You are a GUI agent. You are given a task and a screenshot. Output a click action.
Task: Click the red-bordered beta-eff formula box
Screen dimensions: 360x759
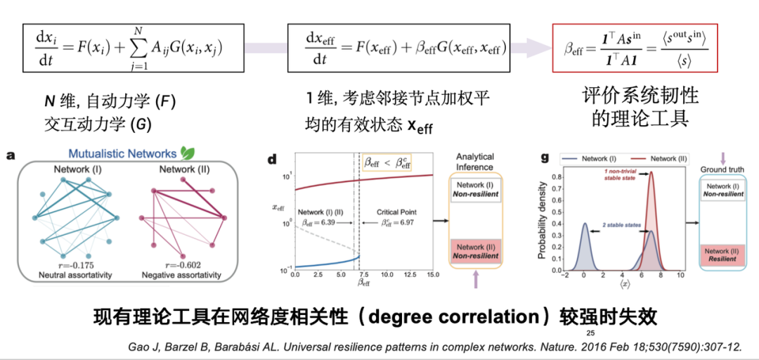[x=635, y=48]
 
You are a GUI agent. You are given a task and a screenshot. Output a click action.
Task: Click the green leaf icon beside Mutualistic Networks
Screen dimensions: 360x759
[x=188, y=153]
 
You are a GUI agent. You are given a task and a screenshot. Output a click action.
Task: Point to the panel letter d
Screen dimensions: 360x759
[x=273, y=160]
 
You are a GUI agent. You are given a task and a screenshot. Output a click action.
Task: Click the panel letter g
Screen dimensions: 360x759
[x=544, y=157]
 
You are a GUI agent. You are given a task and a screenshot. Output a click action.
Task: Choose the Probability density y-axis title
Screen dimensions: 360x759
[x=543, y=219]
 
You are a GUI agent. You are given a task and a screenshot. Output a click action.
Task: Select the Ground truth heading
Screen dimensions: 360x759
[x=723, y=170]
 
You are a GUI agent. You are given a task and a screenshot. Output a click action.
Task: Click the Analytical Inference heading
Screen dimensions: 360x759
[x=475, y=161]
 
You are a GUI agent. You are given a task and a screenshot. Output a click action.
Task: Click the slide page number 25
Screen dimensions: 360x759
[x=590, y=333]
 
